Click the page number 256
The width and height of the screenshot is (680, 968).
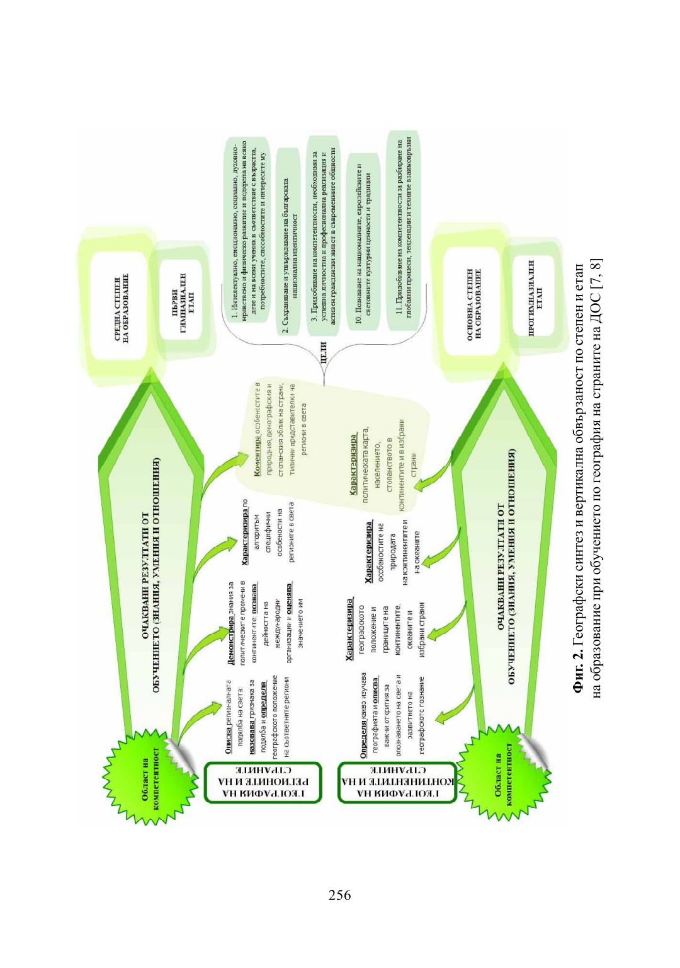pos(340,895)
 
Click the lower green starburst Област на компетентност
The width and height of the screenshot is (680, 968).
pos(497,780)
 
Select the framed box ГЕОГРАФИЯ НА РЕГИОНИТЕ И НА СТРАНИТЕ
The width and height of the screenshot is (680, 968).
pos(263,783)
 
